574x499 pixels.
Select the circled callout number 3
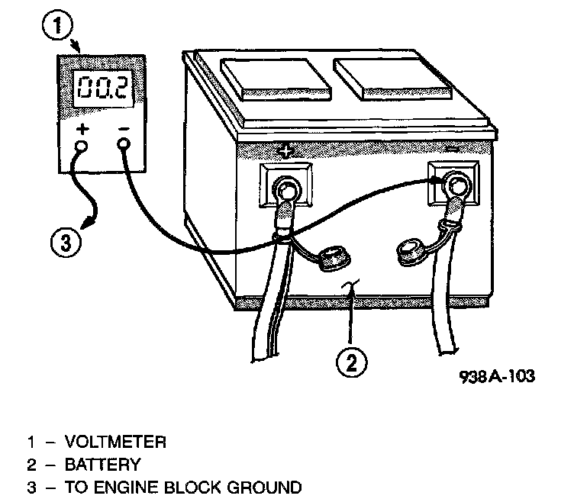coord(66,243)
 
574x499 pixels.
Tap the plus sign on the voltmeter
coord(82,128)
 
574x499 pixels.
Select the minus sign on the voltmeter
coord(124,128)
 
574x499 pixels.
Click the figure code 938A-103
coord(497,377)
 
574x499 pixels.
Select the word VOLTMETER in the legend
coord(115,442)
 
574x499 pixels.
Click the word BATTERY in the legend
coord(103,464)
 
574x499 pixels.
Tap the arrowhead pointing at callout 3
coord(89,224)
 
